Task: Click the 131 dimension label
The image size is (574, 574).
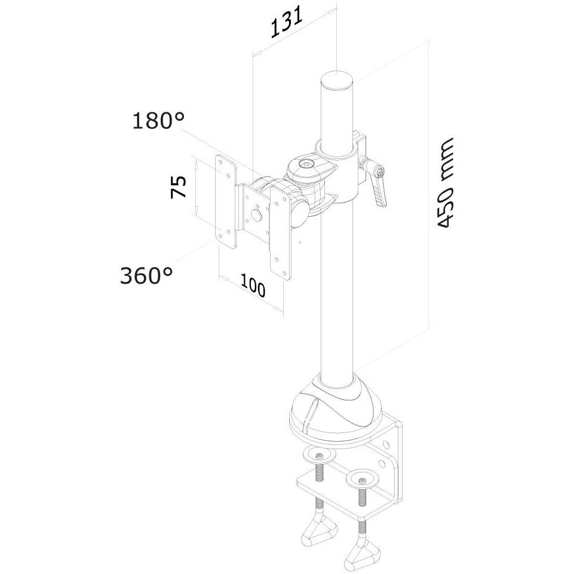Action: pos(287,22)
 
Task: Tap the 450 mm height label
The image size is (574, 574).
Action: pos(446,183)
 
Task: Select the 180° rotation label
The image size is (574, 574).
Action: pos(158,121)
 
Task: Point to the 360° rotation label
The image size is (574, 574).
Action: pos(146,275)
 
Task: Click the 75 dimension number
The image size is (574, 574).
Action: pos(178,187)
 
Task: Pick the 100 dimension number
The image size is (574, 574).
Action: pos(253,286)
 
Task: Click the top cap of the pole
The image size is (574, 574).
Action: pos(336,80)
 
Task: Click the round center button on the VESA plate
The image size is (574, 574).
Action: pos(257,214)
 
